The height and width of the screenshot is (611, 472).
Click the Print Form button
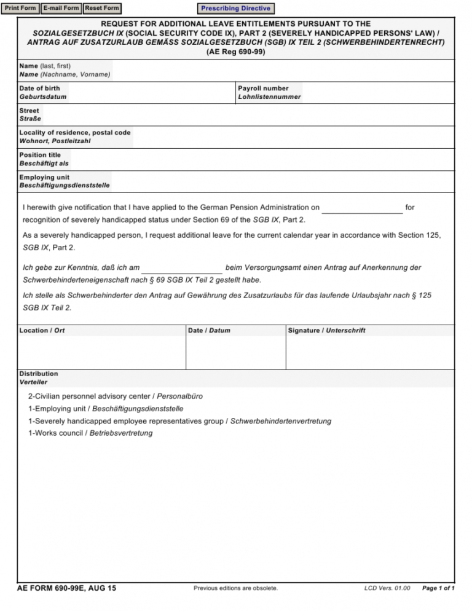click(x=21, y=8)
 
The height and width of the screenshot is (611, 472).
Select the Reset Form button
click(x=101, y=8)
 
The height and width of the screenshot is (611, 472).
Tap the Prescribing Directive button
click(x=235, y=9)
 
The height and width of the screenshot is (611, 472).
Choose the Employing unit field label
click(x=65, y=181)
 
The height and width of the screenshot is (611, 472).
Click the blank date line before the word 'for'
click(x=362, y=209)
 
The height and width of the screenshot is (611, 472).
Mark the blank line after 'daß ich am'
click(x=181, y=269)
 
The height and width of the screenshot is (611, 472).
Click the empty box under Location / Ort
click(x=101, y=352)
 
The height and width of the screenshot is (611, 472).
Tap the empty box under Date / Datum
click(x=235, y=352)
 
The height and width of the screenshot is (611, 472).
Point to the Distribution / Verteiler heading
click(x=39, y=377)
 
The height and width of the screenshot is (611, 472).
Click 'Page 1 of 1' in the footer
click(x=438, y=588)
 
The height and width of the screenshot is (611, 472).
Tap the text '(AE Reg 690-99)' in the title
click(x=236, y=52)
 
